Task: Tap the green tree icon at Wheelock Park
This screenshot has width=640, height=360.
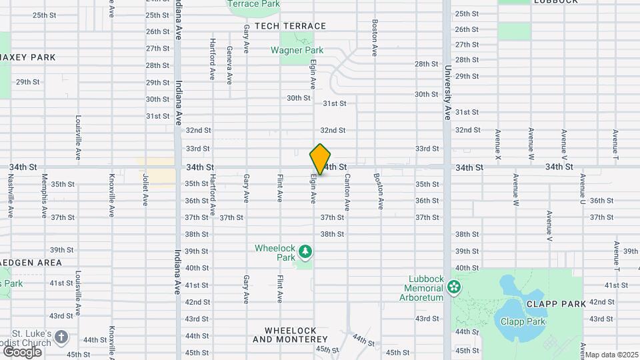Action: coord(305,251)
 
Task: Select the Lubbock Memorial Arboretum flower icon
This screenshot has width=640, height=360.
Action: coord(454,287)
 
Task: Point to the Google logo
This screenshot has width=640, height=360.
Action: coord(22,351)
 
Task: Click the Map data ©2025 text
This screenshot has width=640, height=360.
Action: coord(612,355)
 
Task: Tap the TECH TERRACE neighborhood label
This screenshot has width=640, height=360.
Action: coord(290,26)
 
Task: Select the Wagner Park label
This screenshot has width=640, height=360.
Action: coord(297,50)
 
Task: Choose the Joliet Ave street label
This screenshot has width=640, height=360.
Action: coord(145,190)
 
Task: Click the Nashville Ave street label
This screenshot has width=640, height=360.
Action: coord(11,196)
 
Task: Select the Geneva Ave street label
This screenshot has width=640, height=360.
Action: coord(229,65)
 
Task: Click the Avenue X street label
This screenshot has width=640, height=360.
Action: coord(497,144)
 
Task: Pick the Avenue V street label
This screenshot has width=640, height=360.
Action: coord(549,226)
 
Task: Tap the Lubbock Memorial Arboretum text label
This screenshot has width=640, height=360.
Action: coord(423,288)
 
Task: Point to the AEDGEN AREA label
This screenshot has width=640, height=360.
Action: coord(31,263)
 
